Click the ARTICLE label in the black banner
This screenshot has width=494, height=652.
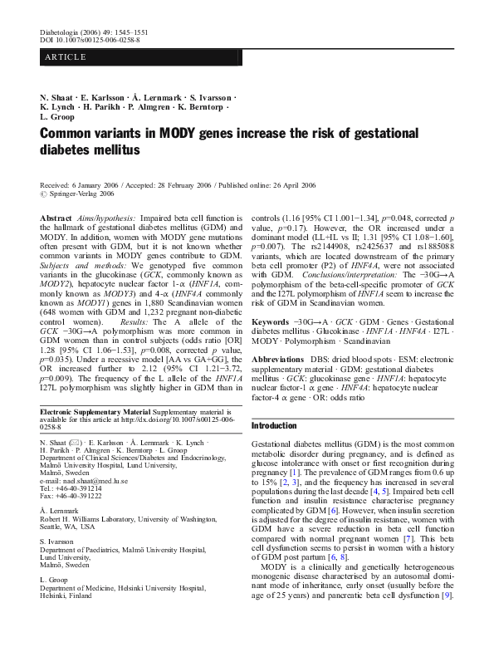click(x=62, y=57)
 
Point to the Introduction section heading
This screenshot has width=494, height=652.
click(x=273, y=425)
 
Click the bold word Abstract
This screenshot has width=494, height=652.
click(x=56, y=217)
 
